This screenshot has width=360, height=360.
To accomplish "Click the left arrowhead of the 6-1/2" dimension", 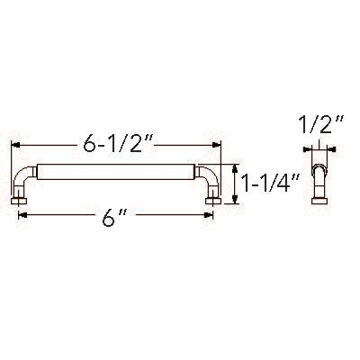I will [14, 144].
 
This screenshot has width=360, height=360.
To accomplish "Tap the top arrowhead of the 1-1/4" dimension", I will [236, 166].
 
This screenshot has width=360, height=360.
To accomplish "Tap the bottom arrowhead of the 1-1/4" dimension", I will [236, 202].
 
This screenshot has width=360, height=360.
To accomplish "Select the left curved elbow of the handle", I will [24, 175].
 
